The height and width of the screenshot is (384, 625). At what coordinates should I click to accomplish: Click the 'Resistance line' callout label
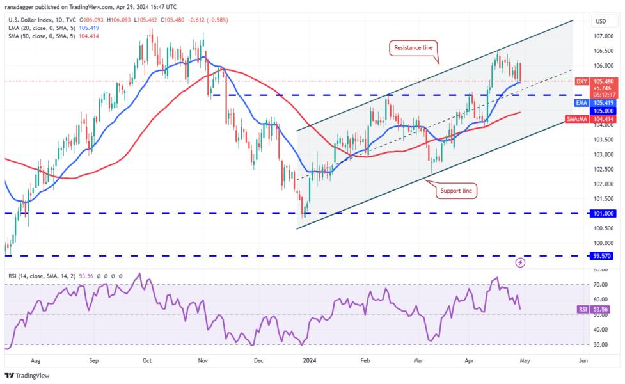pos(412,47)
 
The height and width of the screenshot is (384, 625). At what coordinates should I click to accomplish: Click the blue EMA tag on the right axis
pos(581,102)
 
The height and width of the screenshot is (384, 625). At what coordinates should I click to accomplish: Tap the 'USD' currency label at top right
pos(601,21)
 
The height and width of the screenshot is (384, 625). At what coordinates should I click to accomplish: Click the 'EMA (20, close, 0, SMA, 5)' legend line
pos(45,29)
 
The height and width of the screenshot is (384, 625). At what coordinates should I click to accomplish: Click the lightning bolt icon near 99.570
pos(520,262)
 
